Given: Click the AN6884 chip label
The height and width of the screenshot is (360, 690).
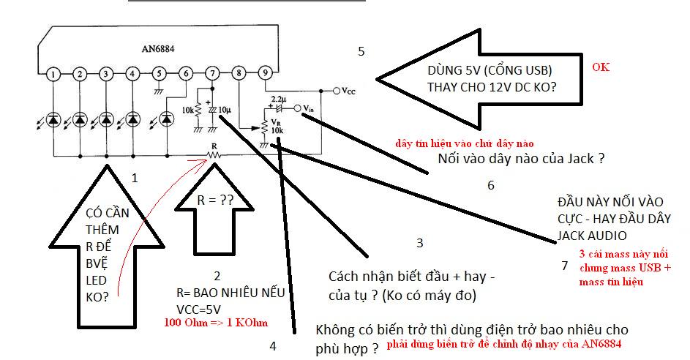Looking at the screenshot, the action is click(x=158, y=49).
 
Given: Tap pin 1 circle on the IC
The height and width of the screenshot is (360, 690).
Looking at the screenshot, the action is click(x=53, y=74).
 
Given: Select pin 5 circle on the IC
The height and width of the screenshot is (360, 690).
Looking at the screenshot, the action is click(x=160, y=74).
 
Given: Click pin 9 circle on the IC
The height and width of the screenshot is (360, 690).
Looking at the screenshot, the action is click(x=265, y=73).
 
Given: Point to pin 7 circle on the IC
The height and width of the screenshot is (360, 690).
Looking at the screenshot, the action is click(x=212, y=73).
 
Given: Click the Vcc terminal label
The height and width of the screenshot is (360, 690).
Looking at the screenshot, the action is click(x=348, y=91).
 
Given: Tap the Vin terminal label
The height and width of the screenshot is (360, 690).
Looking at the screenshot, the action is click(x=309, y=108).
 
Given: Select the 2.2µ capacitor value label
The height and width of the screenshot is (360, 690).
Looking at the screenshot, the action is click(x=278, y=99).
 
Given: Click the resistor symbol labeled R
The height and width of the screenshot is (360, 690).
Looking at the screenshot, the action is click(x=214, y=155).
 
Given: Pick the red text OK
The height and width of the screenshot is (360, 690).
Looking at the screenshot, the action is click(x=601, y=67).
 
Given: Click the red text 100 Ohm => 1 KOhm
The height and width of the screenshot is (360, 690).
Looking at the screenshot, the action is click(x=216, y=323).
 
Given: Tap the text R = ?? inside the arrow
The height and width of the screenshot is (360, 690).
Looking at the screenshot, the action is click(x=214, y=200).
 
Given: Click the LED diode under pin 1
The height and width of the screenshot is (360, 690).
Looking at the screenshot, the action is click(x=53, y=119).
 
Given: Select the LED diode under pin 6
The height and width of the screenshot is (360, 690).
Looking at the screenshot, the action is click(x=166, y=119).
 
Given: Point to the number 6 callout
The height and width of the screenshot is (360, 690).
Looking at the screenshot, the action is click(x=491, y=185).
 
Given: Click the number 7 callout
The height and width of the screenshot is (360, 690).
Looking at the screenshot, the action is click(x=565, y=266).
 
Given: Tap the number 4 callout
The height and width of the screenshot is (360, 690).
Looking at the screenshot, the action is click(x=273, y=346).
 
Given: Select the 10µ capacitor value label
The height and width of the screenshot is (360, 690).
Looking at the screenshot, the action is click(x=225, y=110).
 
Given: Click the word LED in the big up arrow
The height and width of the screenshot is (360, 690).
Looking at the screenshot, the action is click(x=96, y=280).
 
